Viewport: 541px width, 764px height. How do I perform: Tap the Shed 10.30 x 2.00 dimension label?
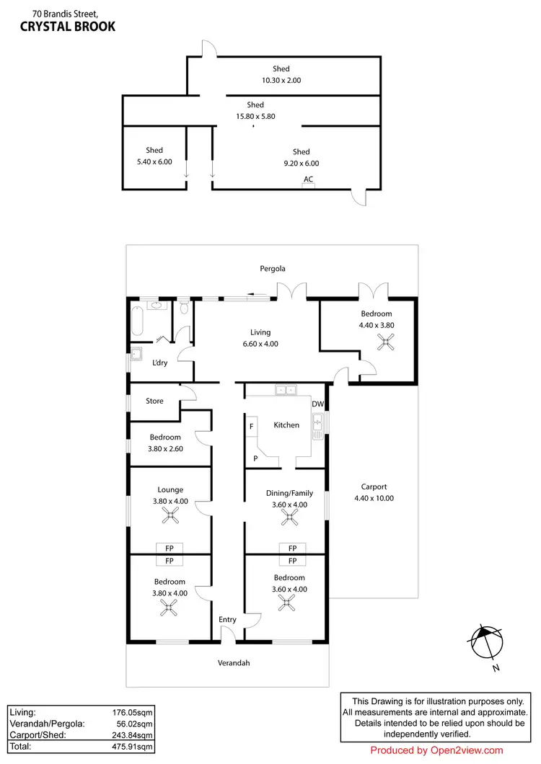point(281,75)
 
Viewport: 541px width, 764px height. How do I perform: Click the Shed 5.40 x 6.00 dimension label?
point(154,156)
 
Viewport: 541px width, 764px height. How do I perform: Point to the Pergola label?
point(273,269)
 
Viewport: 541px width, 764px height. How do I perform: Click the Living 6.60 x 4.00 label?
point(260,338)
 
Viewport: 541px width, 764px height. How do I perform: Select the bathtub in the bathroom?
point(137,321)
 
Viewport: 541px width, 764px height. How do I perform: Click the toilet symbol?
point(185,308)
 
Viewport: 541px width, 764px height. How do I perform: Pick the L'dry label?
point(159,363)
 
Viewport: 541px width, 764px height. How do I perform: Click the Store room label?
point(154,401)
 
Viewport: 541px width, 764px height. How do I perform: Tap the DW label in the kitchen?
point(317,404)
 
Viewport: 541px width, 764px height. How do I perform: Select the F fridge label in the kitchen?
point(251,427)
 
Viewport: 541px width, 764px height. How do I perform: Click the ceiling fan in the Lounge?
point(171,515)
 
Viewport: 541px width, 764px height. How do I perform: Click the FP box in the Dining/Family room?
point(291,548)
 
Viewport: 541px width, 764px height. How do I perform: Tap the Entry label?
point(227,620)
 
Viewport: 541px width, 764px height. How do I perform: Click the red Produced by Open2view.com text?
point(436,750)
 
